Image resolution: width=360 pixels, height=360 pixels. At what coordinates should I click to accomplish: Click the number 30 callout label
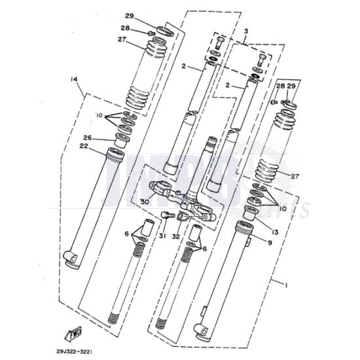(144, 202)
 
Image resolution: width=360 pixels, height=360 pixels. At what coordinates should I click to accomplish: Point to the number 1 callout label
(286, 285)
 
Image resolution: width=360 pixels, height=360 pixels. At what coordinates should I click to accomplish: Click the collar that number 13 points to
(249, 213)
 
